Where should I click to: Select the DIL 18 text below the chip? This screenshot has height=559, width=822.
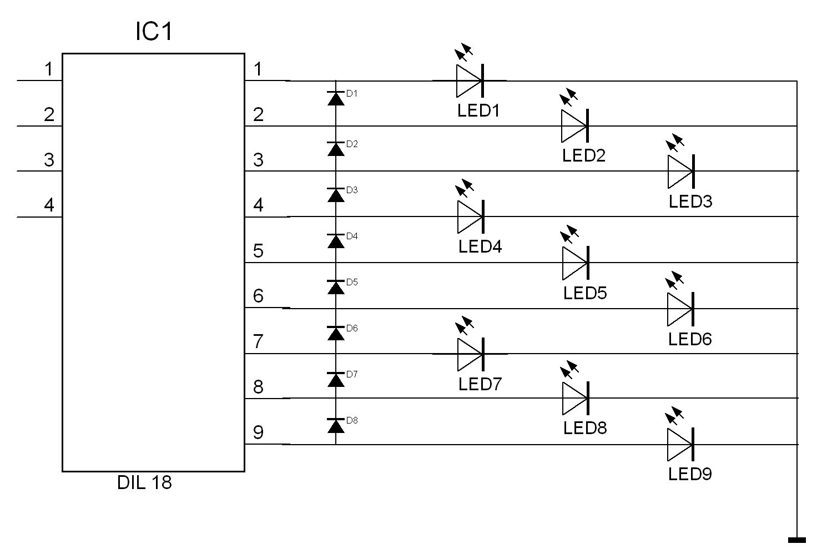[144, 482]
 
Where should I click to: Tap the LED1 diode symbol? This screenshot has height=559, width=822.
[470, 80]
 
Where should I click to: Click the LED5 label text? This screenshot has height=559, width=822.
[585, 293]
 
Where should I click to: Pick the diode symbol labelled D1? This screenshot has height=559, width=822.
[336, 98]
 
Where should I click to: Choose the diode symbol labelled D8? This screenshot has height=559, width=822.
[336, 425]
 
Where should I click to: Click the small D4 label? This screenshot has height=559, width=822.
[352, 236]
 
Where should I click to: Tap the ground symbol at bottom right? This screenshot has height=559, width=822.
[796, 540]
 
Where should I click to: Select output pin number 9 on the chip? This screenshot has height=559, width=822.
[258, 432]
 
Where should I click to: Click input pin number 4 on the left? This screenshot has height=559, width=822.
[49, 205]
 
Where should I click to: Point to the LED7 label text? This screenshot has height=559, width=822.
[480, 384]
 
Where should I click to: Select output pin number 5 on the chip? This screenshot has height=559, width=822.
[258, 251]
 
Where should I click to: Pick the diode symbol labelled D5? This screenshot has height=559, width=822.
[336, 286]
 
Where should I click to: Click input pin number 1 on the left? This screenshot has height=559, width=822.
[49, 69]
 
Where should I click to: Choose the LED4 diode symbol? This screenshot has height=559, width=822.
[471, 216]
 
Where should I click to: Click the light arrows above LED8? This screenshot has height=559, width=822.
[569, 370]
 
